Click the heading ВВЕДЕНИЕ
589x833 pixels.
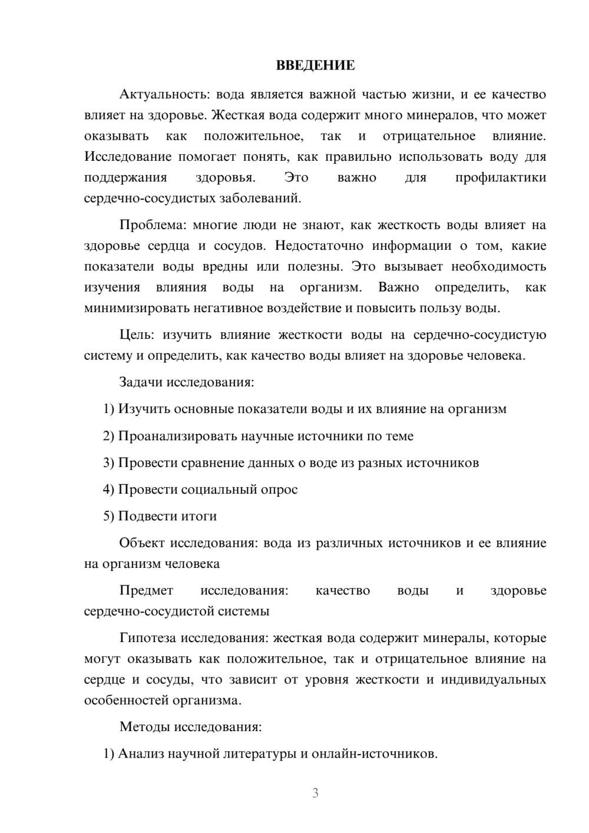tap(315, 65)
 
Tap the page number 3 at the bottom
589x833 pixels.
tap(315, 793)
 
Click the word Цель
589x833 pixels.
tap(136, 335)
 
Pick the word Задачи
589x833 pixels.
tap(141, 382)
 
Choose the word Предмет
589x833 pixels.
tap(146, 591)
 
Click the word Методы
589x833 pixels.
tap(144, 727)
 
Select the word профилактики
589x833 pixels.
tap(500, 178)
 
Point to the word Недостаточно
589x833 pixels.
tap(319, 246)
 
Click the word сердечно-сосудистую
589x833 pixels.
tap(479, 335)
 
